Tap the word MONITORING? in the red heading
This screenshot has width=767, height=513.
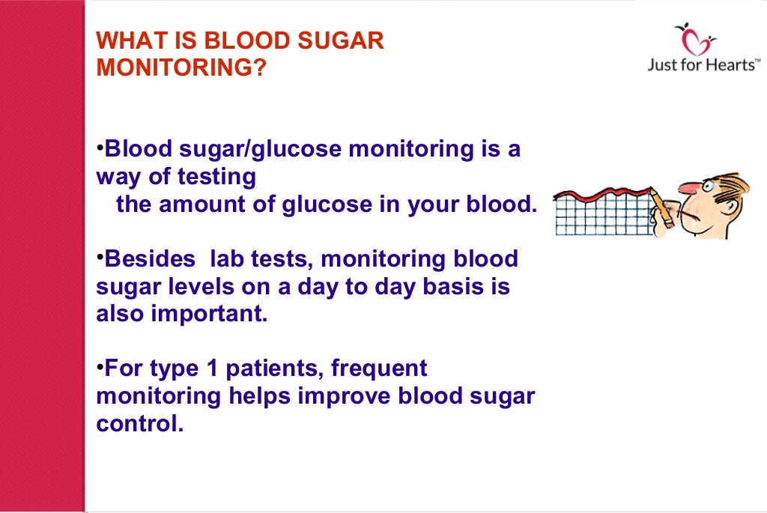pos(182,67)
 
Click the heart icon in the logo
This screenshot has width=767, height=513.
pos(702,40)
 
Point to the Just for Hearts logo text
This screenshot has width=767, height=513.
pos(703,65)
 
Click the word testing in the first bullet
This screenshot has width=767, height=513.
pos(216,177)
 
